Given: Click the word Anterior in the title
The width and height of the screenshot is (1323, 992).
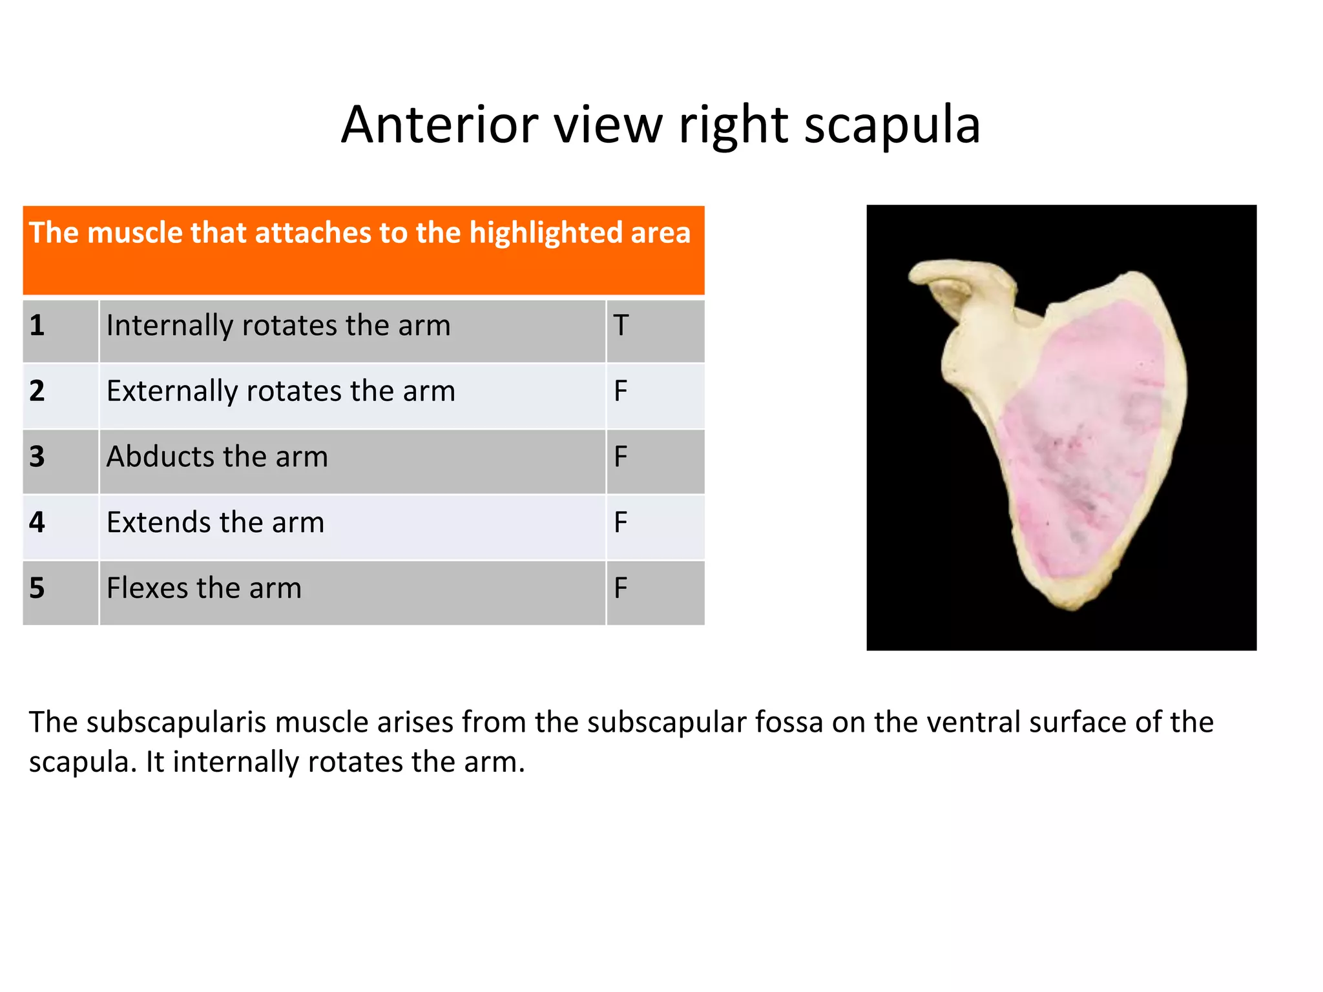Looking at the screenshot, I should point(439,125).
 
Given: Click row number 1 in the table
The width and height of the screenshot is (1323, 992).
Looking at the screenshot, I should point(37,325).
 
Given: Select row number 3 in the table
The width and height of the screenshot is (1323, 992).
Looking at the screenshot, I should point(37,457).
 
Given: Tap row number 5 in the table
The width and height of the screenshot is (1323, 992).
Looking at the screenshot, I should point(37,588).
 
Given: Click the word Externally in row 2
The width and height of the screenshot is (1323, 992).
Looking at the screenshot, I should point(171,391).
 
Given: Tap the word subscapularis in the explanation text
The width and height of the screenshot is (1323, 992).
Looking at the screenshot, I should point(176,723).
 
